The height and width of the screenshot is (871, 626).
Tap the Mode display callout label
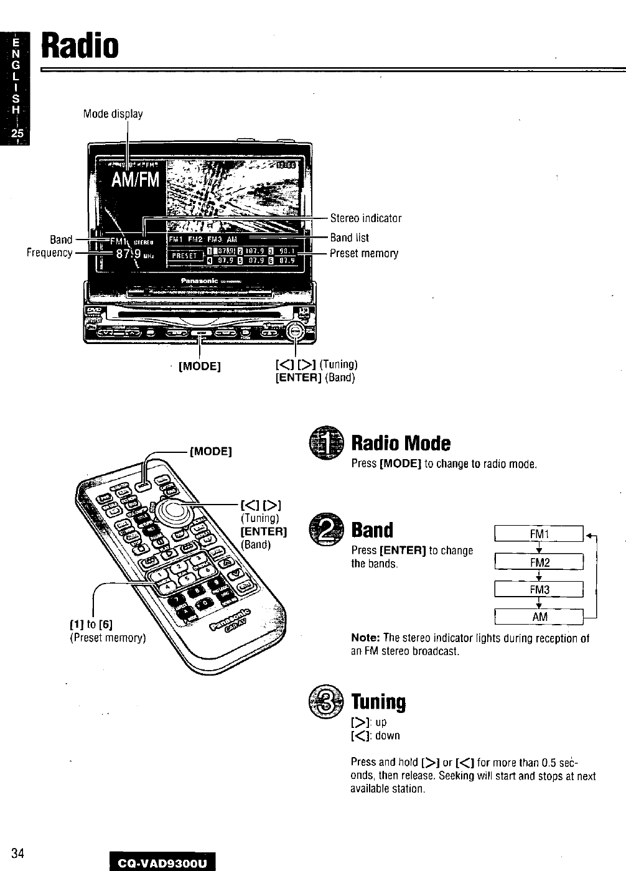point(113,114)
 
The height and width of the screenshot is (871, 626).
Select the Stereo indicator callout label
point(365,218)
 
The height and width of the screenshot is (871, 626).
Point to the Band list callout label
point(349,238)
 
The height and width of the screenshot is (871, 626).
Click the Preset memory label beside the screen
point(363,253)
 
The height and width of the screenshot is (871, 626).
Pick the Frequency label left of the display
point(49,253)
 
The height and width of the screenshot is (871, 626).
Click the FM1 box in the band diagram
point(539,534)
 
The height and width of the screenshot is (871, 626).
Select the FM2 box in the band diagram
point(539,562)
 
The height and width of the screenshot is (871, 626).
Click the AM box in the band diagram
point(539,617)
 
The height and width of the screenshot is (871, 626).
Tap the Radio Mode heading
point(401,443)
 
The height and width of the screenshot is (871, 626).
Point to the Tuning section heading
point(378,702)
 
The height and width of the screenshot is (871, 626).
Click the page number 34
point(17,853)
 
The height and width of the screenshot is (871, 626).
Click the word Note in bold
point(365,638)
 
